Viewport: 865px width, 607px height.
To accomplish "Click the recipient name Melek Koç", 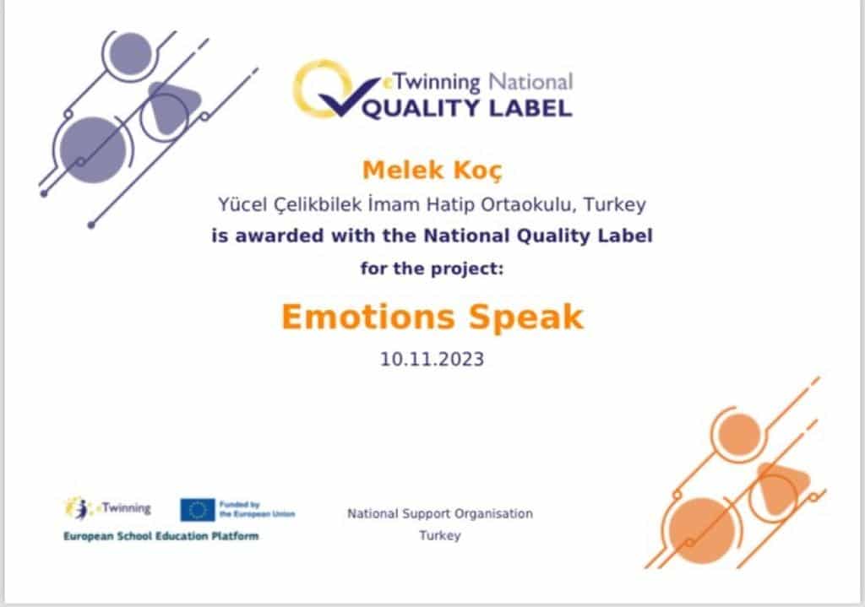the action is tap(432, 171).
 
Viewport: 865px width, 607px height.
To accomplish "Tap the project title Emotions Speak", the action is tap(432, 317).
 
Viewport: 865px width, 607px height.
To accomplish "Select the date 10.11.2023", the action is tap(432, 359).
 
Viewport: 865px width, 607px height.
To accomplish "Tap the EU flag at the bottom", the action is tap(198, 510).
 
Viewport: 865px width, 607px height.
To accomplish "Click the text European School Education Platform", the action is tap(161, 536).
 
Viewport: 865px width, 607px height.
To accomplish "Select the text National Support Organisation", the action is tap(440, 514).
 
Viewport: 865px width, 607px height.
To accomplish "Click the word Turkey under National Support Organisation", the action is tap(439, 535).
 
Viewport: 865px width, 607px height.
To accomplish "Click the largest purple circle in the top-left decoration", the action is tap(93, 150).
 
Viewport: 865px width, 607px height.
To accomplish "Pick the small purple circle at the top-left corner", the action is tap(130, 53).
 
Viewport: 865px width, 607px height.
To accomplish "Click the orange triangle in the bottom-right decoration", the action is tap(781, 488).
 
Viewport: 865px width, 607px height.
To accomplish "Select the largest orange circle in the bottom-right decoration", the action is tap(702, 530).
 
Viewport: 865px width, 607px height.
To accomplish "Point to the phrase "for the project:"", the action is tap(432, 269).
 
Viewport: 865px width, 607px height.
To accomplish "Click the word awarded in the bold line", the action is tap(280, 236).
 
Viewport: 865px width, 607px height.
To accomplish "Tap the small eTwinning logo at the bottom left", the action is tap(108, 508).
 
